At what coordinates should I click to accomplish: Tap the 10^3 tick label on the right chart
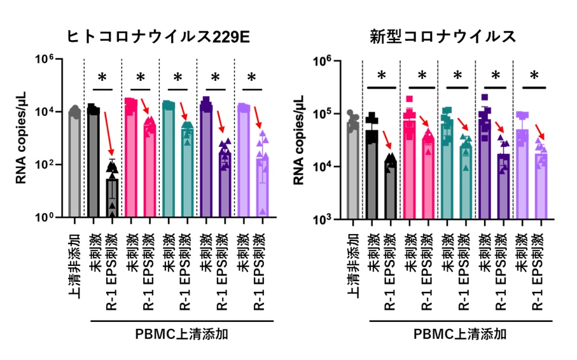(333, 220)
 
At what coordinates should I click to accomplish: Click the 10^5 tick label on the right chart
(333, 114)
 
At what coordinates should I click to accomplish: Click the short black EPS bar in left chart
(112, 198)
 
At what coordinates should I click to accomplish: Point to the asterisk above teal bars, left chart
(177, 78)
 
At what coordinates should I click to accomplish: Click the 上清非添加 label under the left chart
(74, 261)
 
